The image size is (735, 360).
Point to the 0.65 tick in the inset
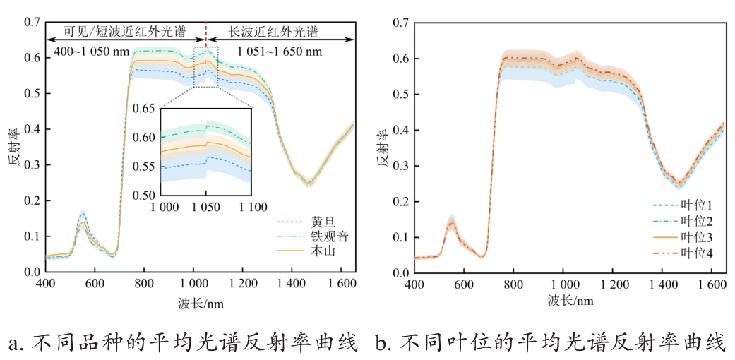tap(144, 108)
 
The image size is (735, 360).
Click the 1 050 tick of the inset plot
tap(205, 207)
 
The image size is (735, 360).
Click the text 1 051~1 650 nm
tap(279, 52)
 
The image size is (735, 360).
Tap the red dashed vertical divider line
tap(205, 32)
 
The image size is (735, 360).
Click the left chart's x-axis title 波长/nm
tap(201, 303)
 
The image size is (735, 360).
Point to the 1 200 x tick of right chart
tap(611, 285)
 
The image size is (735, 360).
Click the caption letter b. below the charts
tap(383, 343)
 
